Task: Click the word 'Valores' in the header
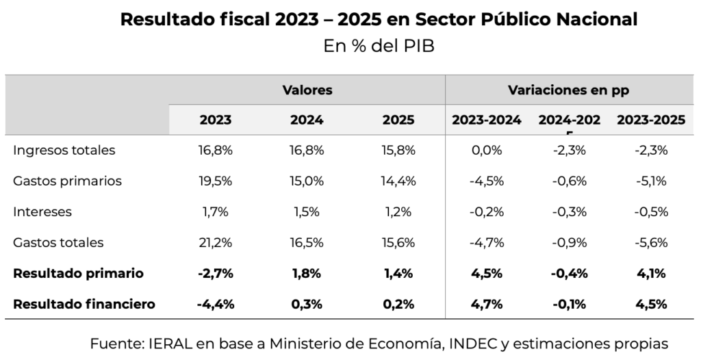[307, 90]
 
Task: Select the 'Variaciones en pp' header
[569, 90]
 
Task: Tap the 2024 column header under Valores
[307, 120]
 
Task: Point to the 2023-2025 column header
[651, 120]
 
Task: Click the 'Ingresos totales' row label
[64, 151]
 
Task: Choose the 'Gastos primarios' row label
[67, 181]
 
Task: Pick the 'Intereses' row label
[42, 212]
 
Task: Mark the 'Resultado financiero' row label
[84, 304]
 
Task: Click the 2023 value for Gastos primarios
[216, 181]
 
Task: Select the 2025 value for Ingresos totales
[398, 151]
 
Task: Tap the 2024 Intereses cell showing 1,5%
[307, 212]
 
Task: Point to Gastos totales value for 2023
[216, 243]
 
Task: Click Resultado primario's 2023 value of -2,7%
[216, 274]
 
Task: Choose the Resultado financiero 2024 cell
[307, 304]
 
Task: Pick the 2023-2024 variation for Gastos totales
[487, 243]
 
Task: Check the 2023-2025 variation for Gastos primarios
[651, 181]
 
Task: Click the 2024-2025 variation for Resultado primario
[569, 274]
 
